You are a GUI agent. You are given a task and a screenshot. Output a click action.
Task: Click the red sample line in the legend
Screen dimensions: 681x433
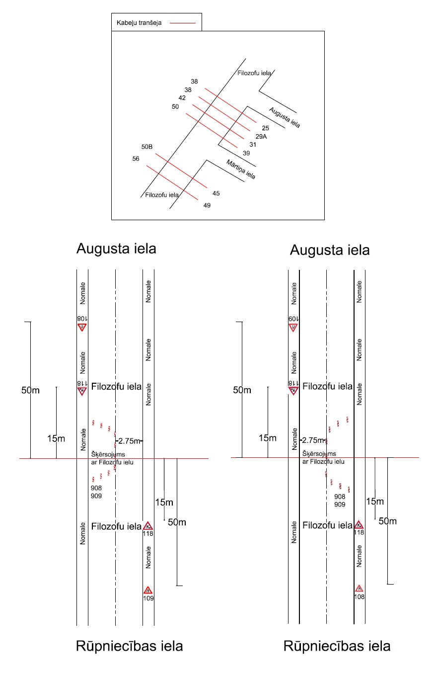coord(182,23)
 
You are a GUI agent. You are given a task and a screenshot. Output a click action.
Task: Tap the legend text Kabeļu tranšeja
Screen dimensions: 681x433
coord(141,23)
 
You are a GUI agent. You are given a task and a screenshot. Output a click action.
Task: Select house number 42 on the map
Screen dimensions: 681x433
coord(182,98)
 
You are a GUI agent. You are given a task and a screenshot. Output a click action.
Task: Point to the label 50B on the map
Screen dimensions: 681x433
coord(147,147)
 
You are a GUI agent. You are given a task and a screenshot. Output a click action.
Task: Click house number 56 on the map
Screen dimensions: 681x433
coord(136,159)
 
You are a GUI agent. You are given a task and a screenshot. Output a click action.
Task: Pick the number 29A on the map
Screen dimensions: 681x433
coord(261,136)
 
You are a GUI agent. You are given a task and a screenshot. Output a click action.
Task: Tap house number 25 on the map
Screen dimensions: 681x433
coord(266,128)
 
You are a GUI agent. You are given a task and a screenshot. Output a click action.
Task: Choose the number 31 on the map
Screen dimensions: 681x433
coord(253,145)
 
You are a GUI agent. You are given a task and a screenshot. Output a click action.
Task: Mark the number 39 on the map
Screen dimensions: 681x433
coord(246,153)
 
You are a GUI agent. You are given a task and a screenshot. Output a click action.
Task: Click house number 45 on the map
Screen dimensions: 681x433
coord(216,193)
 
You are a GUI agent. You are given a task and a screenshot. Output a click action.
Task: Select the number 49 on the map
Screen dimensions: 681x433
coord(207,205)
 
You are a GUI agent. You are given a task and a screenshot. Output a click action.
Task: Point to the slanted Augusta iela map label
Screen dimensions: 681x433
coord(285,117)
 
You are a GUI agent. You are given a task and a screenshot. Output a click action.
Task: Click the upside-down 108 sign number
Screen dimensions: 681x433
coord(82,319)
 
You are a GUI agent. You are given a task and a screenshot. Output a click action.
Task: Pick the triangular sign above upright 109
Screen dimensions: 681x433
coord(148,590)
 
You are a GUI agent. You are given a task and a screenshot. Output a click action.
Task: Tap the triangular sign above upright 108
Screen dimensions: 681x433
coord(359,589)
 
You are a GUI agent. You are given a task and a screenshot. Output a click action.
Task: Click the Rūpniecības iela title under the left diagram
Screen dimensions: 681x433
coord(129,646)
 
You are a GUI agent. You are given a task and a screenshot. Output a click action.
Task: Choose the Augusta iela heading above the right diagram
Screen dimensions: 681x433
coord(330,250)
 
